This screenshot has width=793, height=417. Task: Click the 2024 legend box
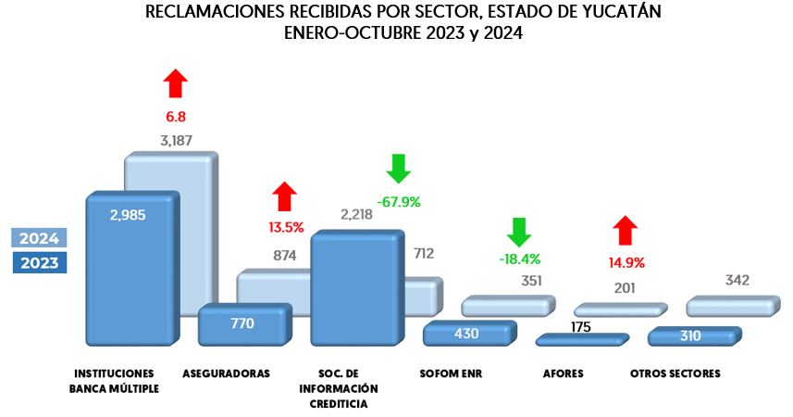[x=39, y=238]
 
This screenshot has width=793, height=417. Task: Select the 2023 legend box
[x=39, y=263]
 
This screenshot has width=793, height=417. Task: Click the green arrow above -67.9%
[x=398, y=169]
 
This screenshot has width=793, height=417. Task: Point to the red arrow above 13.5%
[x=285, y=196]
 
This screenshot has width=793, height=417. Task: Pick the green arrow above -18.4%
[x=518, y=232]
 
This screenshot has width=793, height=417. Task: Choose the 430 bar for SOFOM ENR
[x=466, y=334]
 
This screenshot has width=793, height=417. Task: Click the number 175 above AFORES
[x=582, y=326]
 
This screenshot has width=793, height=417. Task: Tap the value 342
[x=737, y=280]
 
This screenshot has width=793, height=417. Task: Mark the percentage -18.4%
[x=518, y=259]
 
